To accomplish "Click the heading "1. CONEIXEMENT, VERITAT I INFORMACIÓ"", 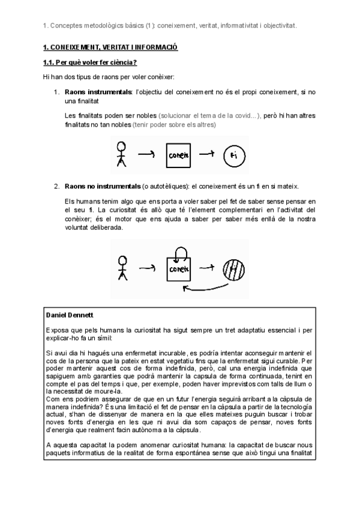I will (x=110, y=47).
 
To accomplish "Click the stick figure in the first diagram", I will (x=122, y=154).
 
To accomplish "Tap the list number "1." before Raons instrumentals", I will (x=57, y=92).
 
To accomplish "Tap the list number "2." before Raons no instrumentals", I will (x=57, y=186).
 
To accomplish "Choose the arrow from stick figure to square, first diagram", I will (x=147, y=154).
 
